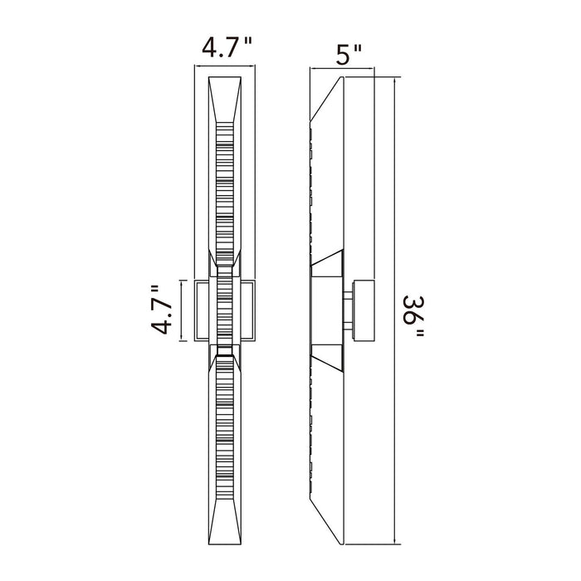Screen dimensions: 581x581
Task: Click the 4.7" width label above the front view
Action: click(x=227, y=47)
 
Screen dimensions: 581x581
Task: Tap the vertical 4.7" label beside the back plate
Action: click(x=162, y=310)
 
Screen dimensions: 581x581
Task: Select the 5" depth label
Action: click(x=348, y=55)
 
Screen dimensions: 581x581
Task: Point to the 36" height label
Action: click(x=413, y=316)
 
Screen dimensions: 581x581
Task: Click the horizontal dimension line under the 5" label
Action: click(x=342, y=68)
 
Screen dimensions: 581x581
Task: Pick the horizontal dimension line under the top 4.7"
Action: click(x=225, y=66)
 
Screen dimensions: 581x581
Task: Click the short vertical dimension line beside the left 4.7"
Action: click(x=181, y=310)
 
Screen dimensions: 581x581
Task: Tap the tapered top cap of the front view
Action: click(x=225, y=100)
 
